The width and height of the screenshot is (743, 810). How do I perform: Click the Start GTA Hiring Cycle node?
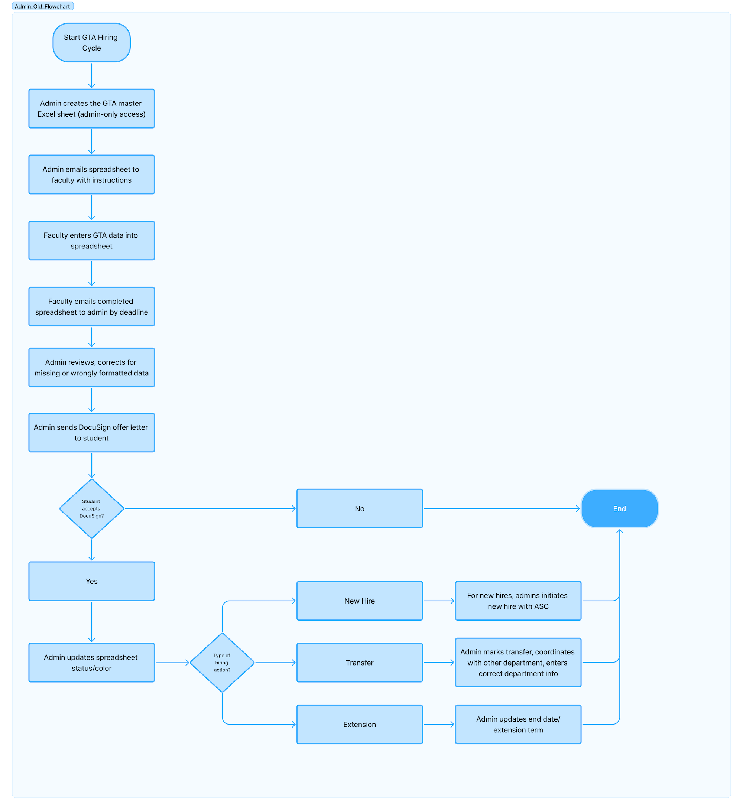point(91,43)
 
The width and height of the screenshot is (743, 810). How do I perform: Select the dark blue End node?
point(619,508)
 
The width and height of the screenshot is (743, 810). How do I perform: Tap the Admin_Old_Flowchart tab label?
point(43,6)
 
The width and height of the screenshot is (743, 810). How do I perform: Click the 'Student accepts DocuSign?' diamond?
point(91,508)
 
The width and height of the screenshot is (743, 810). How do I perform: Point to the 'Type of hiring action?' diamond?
point(222,663)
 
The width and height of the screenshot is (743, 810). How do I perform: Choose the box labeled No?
point(360,508)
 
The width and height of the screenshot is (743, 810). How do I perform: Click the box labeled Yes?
point(91,581)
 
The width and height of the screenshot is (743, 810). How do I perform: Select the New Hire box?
point(360,601)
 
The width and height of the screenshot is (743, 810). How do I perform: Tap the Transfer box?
point(360,663)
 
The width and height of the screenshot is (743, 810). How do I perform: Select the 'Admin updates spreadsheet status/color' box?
point(91,663)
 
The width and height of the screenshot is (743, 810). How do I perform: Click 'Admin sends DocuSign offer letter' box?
point(91,433)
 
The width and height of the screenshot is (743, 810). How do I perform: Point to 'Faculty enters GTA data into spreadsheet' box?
point(91,240)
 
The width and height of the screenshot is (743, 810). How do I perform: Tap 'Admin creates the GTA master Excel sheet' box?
point(91,108)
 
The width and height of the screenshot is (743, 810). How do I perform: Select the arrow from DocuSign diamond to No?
point(209,508)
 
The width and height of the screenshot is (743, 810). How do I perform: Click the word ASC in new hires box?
point(541,606)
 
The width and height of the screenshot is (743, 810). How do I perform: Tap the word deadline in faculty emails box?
point(133,312)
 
